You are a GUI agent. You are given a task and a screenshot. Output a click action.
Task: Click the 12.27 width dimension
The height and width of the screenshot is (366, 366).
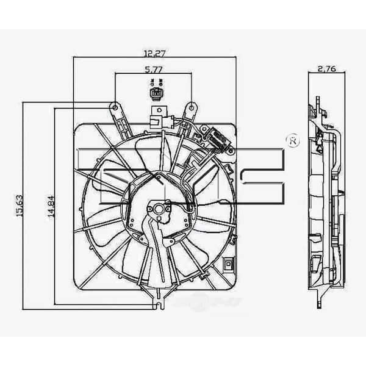[x=154, y=52]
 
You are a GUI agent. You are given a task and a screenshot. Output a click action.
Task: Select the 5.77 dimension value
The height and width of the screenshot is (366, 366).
[x=154, y=70]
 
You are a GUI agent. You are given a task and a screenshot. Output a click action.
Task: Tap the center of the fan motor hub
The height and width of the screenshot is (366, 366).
[x=161, y=209]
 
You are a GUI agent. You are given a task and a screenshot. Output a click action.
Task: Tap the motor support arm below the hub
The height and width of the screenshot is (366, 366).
[x=152, y=250]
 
